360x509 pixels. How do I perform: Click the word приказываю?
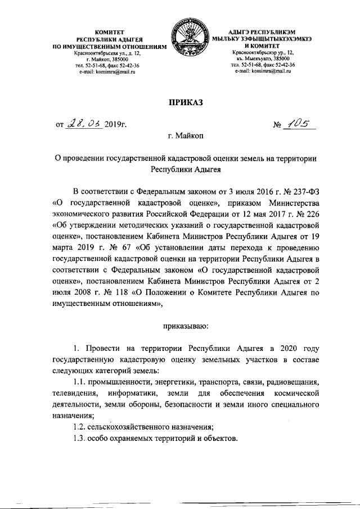[x=185, y=325]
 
